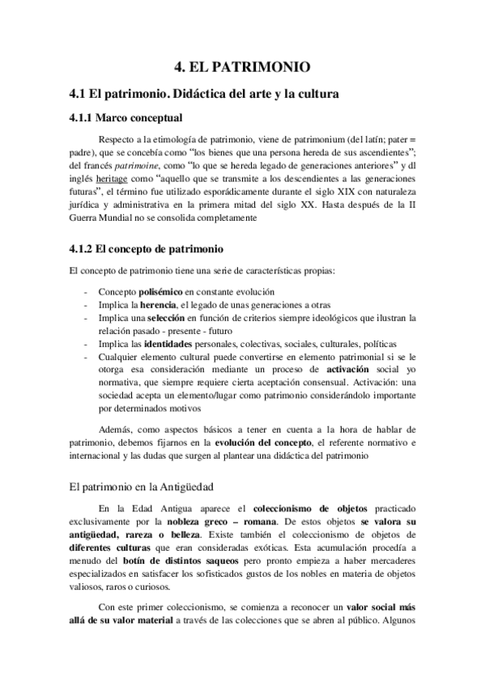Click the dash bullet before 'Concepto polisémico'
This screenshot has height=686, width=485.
(86, 290)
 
